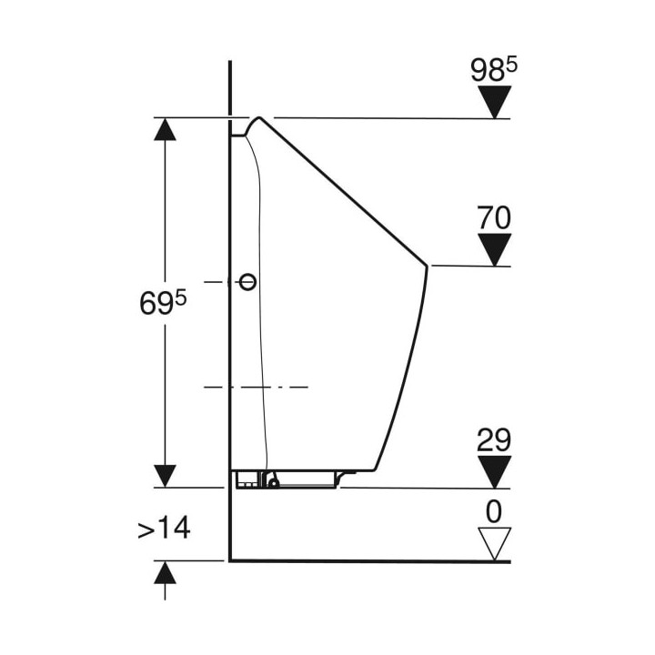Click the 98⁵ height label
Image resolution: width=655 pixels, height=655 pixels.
click(x=494, y=70)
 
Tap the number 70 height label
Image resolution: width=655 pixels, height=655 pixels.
click(x=494, y=217)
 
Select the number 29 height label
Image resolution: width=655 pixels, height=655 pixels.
click(x=494, y=439)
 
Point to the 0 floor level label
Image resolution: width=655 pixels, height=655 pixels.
click(x=494, y=511)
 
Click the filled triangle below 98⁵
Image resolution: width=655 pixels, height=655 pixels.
click(x=495, y=102)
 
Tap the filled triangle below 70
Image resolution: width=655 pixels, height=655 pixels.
click(x=495, y=250)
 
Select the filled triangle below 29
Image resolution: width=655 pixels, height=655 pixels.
click(x=495, y=472)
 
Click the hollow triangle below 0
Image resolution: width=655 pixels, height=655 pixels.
click(x=495, y=544)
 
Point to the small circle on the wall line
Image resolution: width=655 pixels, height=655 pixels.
click(x=247, y=282)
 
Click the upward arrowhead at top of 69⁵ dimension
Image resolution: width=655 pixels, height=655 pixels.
click(x=165, y=129)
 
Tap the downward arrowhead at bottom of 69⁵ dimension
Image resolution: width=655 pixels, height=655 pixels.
click(x=165, y=476)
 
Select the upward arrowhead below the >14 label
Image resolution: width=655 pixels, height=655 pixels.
click(x=165, y=573)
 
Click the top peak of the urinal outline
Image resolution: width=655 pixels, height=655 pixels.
click(x=259, y=117)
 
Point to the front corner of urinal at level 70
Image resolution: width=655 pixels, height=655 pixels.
click(x=427, y=266)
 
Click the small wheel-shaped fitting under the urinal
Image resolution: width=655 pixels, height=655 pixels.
click(x=274, y=483)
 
